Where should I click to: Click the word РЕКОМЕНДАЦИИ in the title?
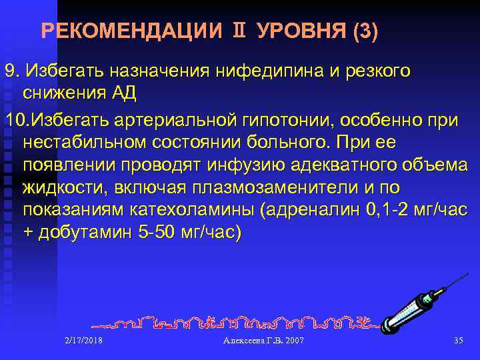(131, 31)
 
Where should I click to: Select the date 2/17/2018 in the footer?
(84, 341)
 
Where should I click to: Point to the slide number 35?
(457, 341)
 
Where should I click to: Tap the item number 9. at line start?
(13, 71)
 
